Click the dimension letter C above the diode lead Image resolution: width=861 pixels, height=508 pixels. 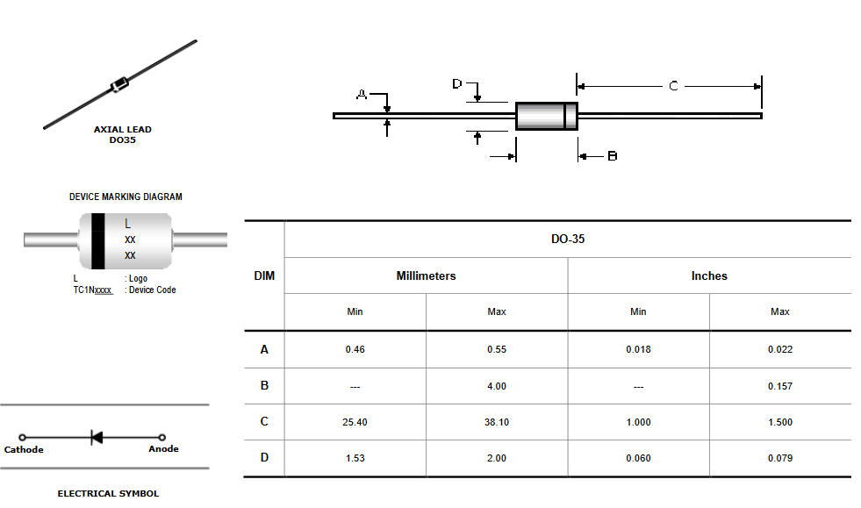point(673,86)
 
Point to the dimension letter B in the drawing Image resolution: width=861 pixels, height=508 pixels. point(613,156)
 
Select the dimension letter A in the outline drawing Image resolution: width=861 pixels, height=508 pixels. point(362,95)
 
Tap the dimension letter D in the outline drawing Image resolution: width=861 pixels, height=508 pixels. point(457,83)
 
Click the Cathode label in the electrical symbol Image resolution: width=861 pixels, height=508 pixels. point(24,449)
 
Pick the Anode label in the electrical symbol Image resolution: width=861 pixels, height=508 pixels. point(163,448)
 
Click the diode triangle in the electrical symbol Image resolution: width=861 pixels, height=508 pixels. point(97,437)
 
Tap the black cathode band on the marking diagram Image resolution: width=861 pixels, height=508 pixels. point(97,241)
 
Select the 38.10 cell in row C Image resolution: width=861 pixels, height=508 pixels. point(497,422)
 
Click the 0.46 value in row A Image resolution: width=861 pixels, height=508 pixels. point(355,349)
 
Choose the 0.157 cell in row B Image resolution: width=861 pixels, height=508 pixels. point(779,386)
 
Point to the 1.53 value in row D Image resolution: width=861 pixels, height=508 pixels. point(355,458)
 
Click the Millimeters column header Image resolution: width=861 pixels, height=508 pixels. point(426,275)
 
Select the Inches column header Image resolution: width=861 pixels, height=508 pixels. point(709,275)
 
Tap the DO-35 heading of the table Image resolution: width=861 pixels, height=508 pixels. point(568,239)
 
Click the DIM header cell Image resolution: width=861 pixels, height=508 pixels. point(264,275)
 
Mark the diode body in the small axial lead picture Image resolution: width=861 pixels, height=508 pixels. point(119,84)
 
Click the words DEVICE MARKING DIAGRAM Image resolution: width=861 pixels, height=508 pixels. point(126,197)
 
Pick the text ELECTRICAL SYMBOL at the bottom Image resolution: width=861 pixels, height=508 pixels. point(108,493)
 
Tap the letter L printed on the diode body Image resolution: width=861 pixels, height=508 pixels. point(127,224)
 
